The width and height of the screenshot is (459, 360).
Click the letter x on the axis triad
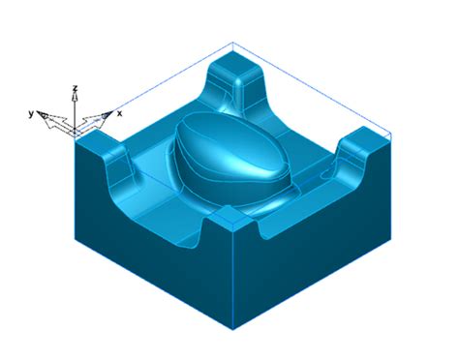(119, 113)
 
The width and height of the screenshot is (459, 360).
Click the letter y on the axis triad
(32, 113)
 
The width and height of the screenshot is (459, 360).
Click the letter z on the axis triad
(76, 88)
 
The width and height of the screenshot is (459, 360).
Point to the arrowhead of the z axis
(76, 98)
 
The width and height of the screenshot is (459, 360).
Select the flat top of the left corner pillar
(96, 145)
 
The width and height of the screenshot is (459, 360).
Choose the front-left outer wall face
(145, 252)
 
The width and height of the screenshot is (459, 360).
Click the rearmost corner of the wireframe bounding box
(232, 43)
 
